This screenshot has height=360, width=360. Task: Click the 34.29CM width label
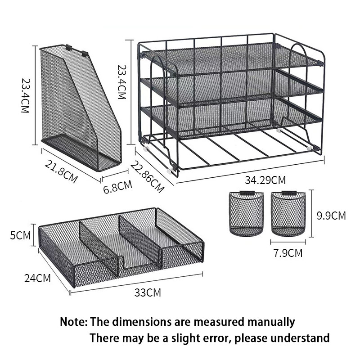pyautogui.click(x=265, y=180)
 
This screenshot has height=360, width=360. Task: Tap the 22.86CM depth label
pyautogui.click(x=148, y=176)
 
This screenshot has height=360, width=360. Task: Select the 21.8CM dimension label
pyautogui.click(x=61, y=171)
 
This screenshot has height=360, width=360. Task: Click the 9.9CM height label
pyautogui.click(x=331, y=216)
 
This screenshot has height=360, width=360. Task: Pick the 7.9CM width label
pyautogui.click(x=288, y=253)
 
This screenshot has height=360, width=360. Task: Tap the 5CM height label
pyautogui.click(x=20, y=235)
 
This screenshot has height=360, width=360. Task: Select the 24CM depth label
pyautogui.click(x=37, y=278)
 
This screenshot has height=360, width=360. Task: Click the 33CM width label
pyautogui.click(x=148, y=293)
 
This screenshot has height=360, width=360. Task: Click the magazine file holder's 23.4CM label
pyautogui.click(x=25, y=95)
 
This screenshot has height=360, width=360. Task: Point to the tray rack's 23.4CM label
pyautogui.click(x=121, y=82)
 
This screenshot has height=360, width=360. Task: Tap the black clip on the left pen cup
pyautogui.click(x=247, y=193)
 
